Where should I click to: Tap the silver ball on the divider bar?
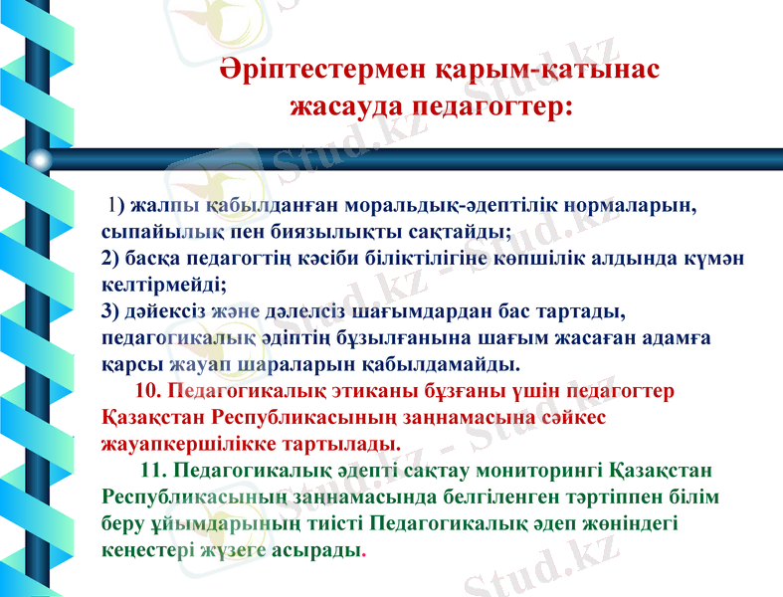[x=39, y=158]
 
